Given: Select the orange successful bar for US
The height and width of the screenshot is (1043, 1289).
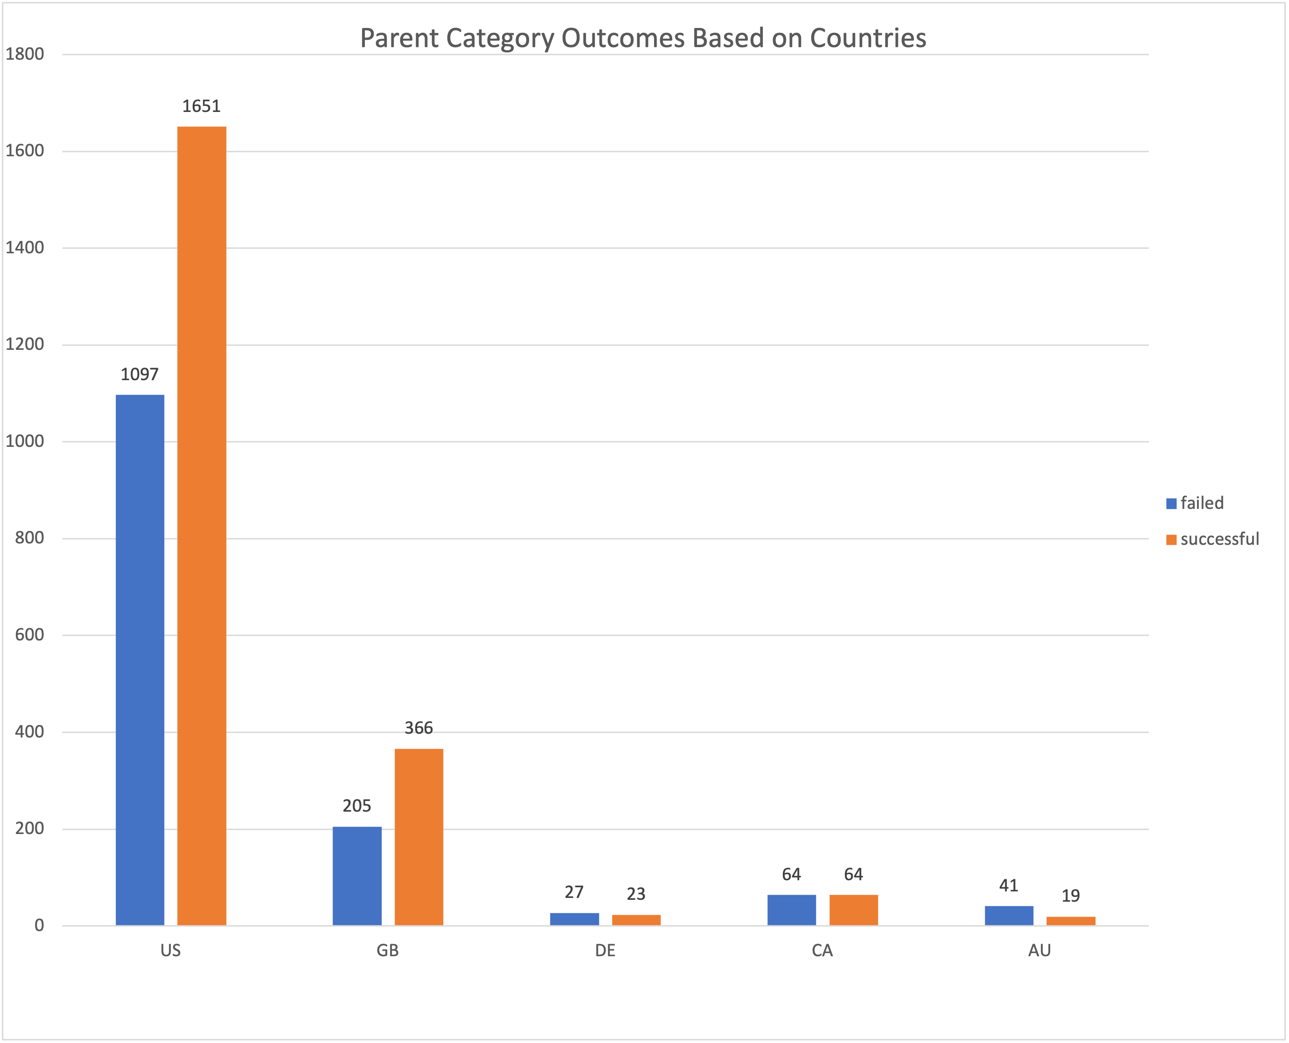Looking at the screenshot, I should (202, 526).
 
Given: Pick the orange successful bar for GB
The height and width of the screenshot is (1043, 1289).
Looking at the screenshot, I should (419, 836).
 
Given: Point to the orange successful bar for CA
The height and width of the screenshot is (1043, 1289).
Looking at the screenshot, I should (853, 910).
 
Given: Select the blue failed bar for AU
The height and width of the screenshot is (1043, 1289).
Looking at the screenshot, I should (1009, 915).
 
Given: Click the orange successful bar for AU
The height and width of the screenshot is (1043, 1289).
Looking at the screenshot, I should (1071, 920).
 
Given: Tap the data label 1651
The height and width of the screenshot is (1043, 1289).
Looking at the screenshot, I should (202, 106).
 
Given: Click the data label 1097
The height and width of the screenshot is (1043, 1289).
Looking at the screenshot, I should (139, 374).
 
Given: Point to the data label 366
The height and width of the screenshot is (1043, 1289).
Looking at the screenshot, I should (419, 728).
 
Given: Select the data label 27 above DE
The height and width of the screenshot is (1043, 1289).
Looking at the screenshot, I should (574, 892).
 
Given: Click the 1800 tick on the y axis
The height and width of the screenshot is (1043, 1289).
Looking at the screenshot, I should (25, 54).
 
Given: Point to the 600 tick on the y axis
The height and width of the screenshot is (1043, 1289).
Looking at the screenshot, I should (29, 635).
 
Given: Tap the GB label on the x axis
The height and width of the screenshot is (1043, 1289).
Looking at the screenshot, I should (388, 951).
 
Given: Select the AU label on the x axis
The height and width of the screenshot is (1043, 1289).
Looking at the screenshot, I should (1039, 951).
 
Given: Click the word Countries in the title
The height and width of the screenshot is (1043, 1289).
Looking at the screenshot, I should (868, 38).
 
